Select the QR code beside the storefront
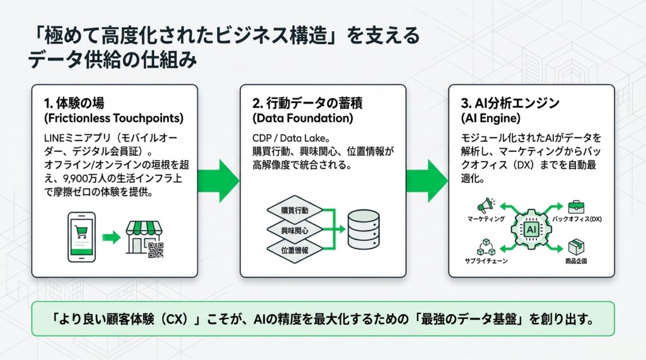tap(155, 250)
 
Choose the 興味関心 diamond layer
tap(295, 230)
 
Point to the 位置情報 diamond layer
tap(295, 250)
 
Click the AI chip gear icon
tap(531, 229)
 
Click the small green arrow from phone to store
tap(111, 238)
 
